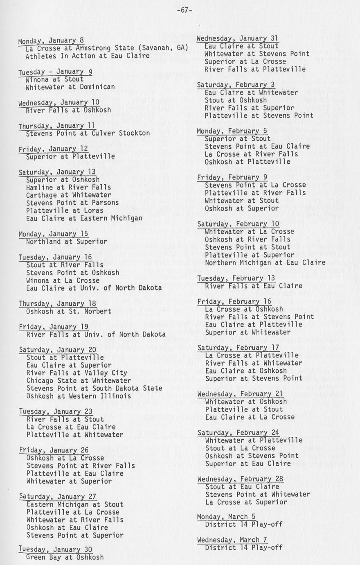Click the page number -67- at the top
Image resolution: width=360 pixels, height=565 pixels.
(184, 10)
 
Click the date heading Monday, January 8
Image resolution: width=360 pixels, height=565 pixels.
(51, 41)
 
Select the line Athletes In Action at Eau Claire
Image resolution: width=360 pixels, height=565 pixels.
(87, 56)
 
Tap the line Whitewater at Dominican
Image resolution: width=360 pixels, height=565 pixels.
(70, 87)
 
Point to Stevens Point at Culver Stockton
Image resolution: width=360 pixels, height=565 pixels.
(88, 133)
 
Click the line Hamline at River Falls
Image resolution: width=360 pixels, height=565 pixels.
(68, 187)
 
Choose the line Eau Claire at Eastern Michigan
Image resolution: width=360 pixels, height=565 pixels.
(84, 218)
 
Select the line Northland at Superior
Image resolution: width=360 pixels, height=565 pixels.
(67, 242)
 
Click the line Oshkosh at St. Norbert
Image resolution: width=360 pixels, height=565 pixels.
(69, 311)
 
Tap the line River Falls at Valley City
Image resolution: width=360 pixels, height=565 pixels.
(77, 373)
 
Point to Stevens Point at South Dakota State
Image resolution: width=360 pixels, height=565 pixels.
(94, 388)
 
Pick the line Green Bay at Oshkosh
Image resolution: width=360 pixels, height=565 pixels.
(65, 557)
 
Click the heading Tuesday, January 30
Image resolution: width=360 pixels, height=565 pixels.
(56, 549)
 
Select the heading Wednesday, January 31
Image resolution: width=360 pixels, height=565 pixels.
(237, 38)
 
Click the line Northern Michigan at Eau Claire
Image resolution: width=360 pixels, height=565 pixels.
(265, 262)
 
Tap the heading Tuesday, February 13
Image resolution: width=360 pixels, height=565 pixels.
(236, 278)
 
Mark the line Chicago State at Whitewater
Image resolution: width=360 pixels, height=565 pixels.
(79, 381)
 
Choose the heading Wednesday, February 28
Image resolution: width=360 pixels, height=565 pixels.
(240, 479)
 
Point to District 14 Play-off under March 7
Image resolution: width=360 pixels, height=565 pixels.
(243, 548)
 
